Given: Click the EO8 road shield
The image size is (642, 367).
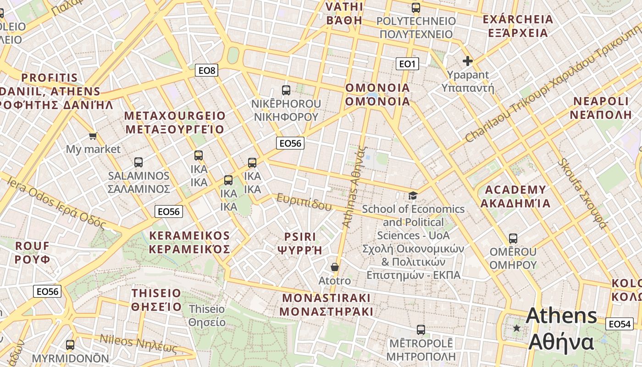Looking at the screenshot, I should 206,70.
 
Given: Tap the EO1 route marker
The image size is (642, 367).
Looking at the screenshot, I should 407,64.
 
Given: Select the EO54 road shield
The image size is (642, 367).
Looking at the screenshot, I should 619,324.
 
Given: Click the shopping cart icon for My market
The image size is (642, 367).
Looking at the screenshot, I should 93,136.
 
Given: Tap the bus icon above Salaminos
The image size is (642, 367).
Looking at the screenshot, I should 138,162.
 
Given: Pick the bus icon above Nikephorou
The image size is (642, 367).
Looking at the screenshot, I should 286,90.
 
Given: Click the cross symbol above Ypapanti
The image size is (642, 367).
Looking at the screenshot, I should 468,61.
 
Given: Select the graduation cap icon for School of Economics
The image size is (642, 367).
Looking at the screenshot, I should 413,196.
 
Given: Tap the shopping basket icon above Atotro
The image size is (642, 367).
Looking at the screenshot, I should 335,267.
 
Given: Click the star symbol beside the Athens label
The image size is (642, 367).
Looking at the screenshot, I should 517,328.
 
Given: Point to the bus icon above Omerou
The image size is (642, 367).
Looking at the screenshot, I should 513,239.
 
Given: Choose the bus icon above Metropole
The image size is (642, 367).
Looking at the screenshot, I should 421,329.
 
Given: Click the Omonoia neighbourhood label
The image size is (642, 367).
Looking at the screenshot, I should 377,95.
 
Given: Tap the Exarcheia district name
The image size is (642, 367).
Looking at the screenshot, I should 518,26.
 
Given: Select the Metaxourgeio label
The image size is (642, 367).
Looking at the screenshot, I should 175,122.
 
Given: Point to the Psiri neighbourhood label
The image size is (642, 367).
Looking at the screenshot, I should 300,243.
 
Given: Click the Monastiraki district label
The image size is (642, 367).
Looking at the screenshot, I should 326,305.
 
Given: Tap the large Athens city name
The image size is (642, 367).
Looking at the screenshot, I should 562,329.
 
